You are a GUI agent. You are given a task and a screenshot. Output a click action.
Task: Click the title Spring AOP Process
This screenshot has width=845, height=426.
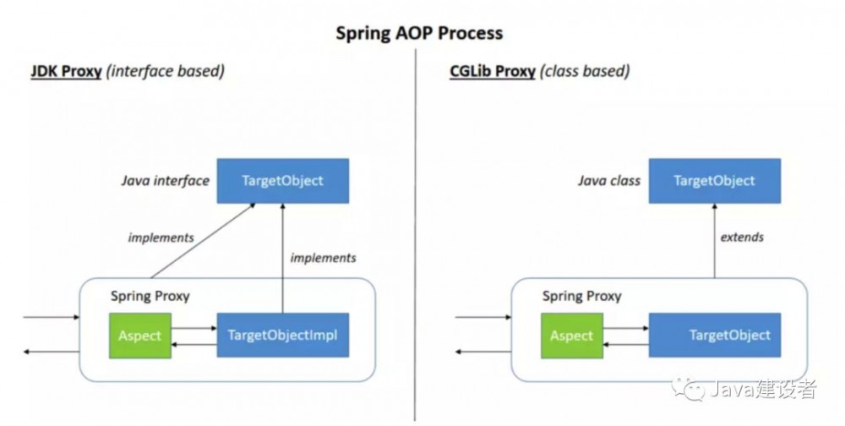tap(419, 33)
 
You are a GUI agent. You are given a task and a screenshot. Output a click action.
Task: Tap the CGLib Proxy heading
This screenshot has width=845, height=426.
tap(492, 71)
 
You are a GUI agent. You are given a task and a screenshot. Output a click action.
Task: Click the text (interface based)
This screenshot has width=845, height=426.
tap(166, 71)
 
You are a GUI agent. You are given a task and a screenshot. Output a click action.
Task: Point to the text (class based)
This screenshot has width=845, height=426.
tap(585, 71)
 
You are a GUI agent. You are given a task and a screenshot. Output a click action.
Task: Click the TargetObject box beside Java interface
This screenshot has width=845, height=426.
tap(282, 181)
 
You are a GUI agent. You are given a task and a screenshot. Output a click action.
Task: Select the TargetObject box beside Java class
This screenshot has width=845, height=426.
tap(714, 181)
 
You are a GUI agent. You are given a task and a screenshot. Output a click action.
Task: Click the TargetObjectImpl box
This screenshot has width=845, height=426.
tap(282, 335)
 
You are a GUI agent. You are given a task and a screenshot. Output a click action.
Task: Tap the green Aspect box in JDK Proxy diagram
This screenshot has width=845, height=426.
tap(139, 335)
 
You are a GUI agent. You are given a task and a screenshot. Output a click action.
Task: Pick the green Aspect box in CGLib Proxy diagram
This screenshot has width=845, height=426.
tap(571, 335)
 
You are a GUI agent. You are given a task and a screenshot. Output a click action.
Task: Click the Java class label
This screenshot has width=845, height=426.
tap(608, 181)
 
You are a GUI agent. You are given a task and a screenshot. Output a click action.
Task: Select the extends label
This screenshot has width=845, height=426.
tap(741, 238)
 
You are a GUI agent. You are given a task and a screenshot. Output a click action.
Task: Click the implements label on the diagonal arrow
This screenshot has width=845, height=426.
tap(161, 238)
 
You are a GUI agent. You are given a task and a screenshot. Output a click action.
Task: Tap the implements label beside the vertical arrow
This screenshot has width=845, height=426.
tap(323, 258)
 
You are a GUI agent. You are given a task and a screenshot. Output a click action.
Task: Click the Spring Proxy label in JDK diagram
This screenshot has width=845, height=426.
tap(150, 297)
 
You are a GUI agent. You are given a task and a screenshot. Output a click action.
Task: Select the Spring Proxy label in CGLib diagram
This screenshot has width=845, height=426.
tap(581, 297)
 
